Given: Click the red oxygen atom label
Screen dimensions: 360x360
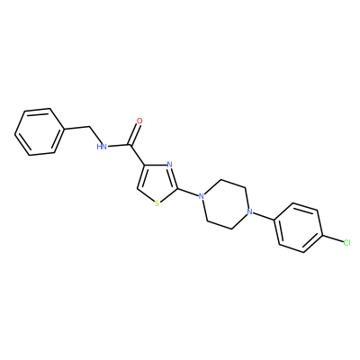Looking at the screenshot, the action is pyautogui.click(x=139, y=121).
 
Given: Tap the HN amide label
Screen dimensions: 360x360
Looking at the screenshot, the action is pyautogui.click(x=102, y=147).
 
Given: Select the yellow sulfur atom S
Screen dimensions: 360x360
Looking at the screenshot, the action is pyautogui.click(x=157, y=204).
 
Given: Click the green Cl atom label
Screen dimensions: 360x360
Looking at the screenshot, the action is pyautogui.click(x=346, y=243).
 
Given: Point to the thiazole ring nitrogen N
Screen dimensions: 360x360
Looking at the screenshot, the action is pyautogui.click(x=169, y=165).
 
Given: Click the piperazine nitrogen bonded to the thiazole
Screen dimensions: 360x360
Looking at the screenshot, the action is pyautogui.click(x=202, y=197).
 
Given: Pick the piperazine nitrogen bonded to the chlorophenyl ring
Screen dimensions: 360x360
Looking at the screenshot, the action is pyautogui.click(x=248, y=211).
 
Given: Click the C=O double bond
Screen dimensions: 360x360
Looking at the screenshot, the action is pyautogui.click(x=134, y=134).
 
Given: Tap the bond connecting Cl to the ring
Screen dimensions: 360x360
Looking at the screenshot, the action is pyautogui.click(x=332, y=239).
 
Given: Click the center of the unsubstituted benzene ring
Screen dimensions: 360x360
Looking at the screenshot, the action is pyautogui.click(x=40, y=132).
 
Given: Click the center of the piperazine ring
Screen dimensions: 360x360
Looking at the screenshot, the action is pyautogui.click(x=225, y=204).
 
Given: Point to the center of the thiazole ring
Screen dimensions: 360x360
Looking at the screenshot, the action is pyautogui.click(x=158, y=184).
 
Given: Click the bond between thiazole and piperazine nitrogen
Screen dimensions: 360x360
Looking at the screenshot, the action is pyautogui.click(x=188, y=193).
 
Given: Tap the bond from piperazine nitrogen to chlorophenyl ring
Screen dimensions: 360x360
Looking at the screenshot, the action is pyautogui.click(x=263, y=216).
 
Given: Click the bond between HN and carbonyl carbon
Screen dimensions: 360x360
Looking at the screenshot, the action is pyautogui.click(x=119, y=146).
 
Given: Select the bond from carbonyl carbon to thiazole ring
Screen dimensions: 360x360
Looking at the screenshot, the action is pyautogui.click(x=138, y=155).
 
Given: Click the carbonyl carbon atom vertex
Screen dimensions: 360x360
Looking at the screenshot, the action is pyautogui.click(x=130, y=145).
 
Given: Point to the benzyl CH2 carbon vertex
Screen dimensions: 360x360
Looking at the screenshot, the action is pyautogui.click(x=89, y=127).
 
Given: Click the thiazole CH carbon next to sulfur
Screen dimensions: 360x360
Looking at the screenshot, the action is pyautogui.click(x=138, y=189).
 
